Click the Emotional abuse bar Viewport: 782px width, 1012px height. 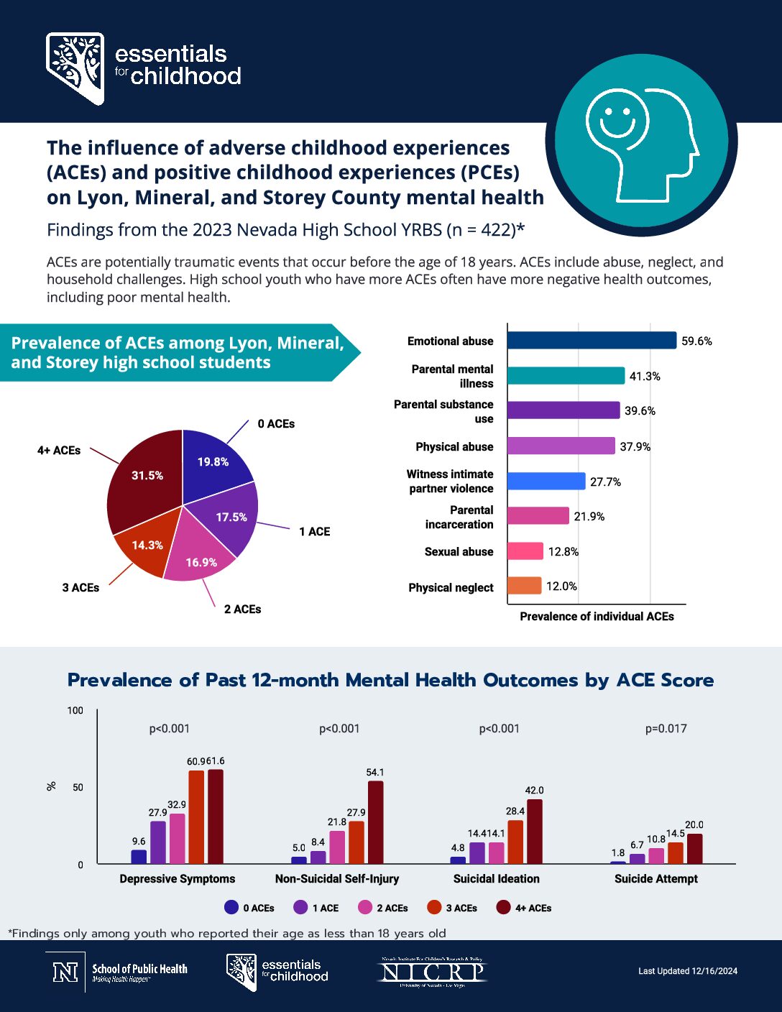[x=591, y=340]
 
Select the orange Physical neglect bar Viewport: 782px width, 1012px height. [x=524, y=586]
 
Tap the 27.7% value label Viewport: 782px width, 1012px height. [x=605, y=482]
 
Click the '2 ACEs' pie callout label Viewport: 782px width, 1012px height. [x=242, y=609]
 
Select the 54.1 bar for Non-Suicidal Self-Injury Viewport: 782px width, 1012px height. [x=375, y=822]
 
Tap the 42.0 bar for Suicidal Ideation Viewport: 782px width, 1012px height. [x=534, y=832]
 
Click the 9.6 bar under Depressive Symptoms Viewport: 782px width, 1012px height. [x=139, y=857]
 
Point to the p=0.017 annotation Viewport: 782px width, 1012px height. [x=666, y=729]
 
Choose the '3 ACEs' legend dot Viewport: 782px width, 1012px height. [x=434, y=908]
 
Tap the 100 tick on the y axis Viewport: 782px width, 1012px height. [x=75, y=711]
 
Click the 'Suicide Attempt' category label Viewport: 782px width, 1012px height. [x=655, y=879]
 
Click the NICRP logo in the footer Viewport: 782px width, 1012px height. [x=432, y=972]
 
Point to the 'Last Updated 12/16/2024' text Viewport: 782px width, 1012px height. [x=688, y=971]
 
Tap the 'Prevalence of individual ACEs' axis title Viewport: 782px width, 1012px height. [x=597, y=617]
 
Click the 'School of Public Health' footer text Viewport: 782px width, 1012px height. [x=139, y=970]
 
